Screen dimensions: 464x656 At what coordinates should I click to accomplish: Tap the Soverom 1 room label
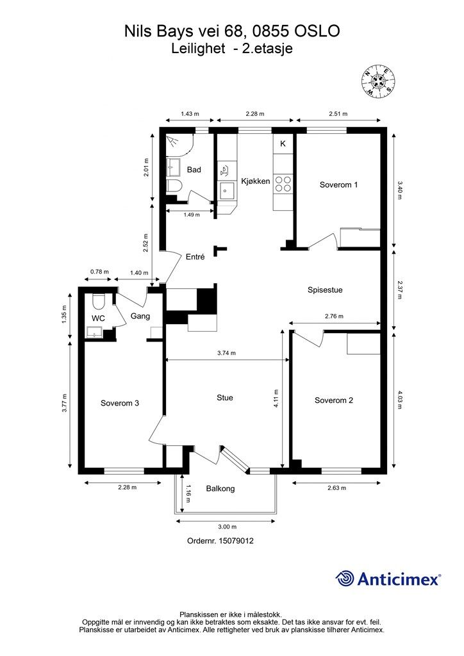pyautogui.click(x=338, y=184)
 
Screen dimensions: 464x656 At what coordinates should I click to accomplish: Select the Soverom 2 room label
pyautogui.click(x=333, y=400)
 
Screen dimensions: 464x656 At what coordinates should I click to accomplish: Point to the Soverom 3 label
pyautogui.click(x=120, y=404)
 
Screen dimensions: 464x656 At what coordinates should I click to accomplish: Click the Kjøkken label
pyautogui.click(x=256, y=181)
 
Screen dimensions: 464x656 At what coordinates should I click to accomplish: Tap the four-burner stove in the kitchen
pyautogui.click(x=283, y=184)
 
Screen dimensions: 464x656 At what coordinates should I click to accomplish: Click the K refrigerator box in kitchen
pyautogui.click(x=283, y=143)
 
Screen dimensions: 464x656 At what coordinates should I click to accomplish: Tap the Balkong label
pyautogui.click(x=220, y=488)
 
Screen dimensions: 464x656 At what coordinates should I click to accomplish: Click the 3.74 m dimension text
pyautogui.click(x=226, y=353)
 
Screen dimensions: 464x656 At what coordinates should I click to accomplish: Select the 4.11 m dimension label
pyautogui.click(x=277, y=399)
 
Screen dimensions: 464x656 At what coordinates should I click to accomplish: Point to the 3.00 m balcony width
pyautogui.click(x=227, y=527)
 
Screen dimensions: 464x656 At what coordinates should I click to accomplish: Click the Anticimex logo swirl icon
pyautogui.click(x=345, y=578)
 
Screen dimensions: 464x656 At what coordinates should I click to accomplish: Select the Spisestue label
pyautogui.click(x=325, y=290)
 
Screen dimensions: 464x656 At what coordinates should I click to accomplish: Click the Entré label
pyautogui.click(x=195, y=257)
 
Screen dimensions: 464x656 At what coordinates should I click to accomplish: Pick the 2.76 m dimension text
pyautogui.click(x=334, y=316)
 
